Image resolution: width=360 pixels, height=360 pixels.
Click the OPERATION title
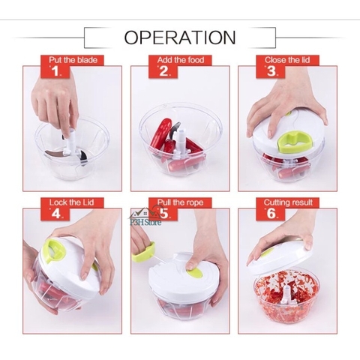click(x=180, y=37)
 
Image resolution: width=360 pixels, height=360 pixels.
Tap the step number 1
click(x=55, y=71)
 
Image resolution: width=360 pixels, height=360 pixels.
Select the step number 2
click(x=164, y=71)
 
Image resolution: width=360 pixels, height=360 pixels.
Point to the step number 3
click(x=271, y=71)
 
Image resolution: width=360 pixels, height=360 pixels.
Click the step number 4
click(x=55, y=214)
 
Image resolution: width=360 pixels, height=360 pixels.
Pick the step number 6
click(x=271, y=214)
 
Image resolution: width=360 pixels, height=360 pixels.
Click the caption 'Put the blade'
click(x=73, y=60)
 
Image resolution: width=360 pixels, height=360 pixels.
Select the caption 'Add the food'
click(x=181, y=60)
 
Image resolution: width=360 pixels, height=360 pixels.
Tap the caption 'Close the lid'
click(x=287, y=60)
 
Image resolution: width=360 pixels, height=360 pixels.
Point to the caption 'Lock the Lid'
click(x=71, y=202)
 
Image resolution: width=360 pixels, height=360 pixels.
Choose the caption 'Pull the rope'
click(x=180, y=202)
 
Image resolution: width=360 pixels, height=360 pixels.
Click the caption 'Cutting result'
click(x=288, y=202)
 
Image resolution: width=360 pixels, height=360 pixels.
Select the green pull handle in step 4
click(x=55, y=250)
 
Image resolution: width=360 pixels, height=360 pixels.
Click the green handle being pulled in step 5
click(x=143, y=252)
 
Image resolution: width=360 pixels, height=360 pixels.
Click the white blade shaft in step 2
click(x=181, y=140)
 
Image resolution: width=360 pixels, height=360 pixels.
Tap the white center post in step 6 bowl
click(x=286, y=295)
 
